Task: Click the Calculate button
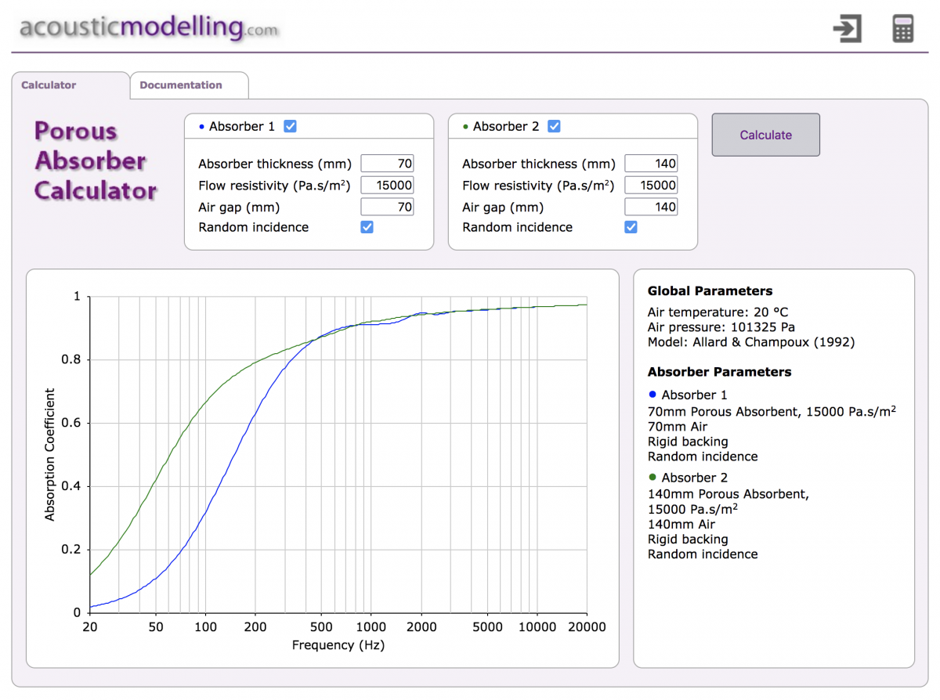tap(765, 135)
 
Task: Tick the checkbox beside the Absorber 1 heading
tap(291, 126)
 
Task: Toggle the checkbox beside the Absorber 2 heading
tap(554, 126)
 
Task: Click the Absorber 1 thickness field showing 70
tap(387, 164)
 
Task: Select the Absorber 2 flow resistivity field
tap(651, 185)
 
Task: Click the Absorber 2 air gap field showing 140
tap(651, 207)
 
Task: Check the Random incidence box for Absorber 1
tap(367, 228)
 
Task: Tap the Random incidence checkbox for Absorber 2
tap(631, 228)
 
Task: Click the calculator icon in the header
tap(902, 28)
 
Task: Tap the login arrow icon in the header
tap(848, 28)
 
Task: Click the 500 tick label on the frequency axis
tap(321, 626)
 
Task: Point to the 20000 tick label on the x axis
tap(587, 626)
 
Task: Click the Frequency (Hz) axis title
tap(338, 645)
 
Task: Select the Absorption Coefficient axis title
tap(49, 455)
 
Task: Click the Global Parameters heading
tap(710, 291)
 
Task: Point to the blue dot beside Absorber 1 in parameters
tap(653, 395)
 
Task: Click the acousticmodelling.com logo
tap(149, 27)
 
